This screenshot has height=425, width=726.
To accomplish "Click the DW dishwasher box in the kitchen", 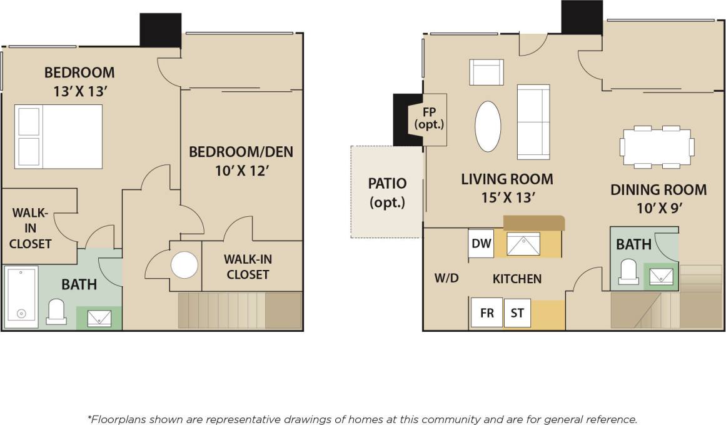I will point(481,244).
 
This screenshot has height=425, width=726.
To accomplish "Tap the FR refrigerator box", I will point(487,313).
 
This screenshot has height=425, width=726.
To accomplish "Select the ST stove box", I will point(517,313).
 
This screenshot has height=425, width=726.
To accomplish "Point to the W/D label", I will point(446,278).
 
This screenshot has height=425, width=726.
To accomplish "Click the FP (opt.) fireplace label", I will point(429,117).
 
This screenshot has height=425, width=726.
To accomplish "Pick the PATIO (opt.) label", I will point(387,192).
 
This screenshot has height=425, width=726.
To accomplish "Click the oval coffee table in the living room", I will point(488,126).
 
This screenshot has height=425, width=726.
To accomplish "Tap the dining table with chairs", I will point(657,147).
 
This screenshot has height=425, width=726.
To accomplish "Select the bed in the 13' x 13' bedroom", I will point(59,136).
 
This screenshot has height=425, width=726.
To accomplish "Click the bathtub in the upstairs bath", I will point(21,293).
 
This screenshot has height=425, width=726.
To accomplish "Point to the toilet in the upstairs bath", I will point(56,311).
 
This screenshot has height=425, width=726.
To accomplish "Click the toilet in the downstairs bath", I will point(628,272).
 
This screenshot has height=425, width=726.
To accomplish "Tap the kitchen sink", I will point(523,244).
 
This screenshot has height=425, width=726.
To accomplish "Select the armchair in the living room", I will point(486,72).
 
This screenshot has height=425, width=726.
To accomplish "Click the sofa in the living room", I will point(533,121).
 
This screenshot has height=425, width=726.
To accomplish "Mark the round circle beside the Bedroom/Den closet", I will point(184,265).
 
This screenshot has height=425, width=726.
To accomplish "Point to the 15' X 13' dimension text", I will point(507,197).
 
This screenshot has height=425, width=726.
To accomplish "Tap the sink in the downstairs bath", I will point(660,276).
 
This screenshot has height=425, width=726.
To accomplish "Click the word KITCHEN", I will point(517,279).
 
